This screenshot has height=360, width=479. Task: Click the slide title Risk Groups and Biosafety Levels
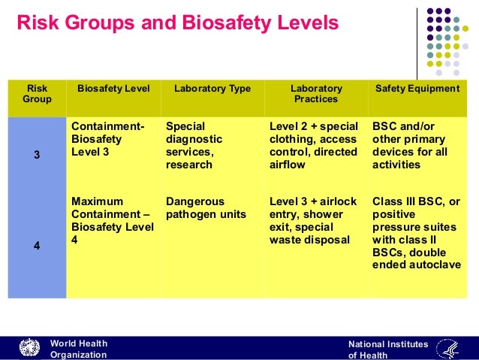pyautogui.click(x=177, y=23)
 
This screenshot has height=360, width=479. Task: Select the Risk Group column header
pyautogui.click(x=37, y=94)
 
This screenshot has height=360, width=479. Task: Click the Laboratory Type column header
pyautogui.click(x=212, y=89)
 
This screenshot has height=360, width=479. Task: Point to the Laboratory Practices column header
pyautogui.click(x=316, y=94)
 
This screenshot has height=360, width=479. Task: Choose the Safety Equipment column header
pyautogui.click(x=417, y=89)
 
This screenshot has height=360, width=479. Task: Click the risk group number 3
pyautogui.click(x=37, y=156)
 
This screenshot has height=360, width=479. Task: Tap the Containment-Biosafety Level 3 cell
pyautogui.click(x=108, y=139)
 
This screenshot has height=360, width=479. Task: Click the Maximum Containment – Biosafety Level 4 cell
pyautogui.click(x=112, y=221)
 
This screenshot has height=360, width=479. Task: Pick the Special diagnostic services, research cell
pyautogui.click(x=194, y=146)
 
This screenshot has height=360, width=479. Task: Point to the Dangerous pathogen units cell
pyautogui.click(x=206, y=208)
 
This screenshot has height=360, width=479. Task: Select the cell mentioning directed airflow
pyautogui.click(x=313, y=146)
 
